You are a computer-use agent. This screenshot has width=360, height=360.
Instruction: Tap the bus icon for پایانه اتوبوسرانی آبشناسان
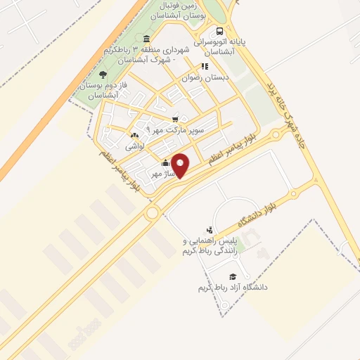[220, 31]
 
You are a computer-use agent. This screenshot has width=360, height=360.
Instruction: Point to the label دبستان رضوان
[201, 78]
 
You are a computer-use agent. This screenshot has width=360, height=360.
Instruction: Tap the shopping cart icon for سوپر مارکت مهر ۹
[175, 119]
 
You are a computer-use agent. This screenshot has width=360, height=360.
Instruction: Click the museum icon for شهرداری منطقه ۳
[146, 39]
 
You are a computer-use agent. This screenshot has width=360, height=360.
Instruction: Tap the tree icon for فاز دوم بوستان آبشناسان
[103, 74]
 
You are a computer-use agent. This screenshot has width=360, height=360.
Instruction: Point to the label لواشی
[135, 147]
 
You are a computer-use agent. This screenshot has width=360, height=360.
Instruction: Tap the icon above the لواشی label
[134, 136]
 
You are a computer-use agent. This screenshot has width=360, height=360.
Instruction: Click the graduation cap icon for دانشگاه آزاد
[233, 276]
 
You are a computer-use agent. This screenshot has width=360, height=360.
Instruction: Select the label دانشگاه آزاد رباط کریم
[233, 288]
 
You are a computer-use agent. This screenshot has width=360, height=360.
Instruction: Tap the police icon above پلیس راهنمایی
[210, 229]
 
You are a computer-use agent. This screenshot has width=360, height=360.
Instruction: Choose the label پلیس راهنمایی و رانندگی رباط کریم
[210, 246]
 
